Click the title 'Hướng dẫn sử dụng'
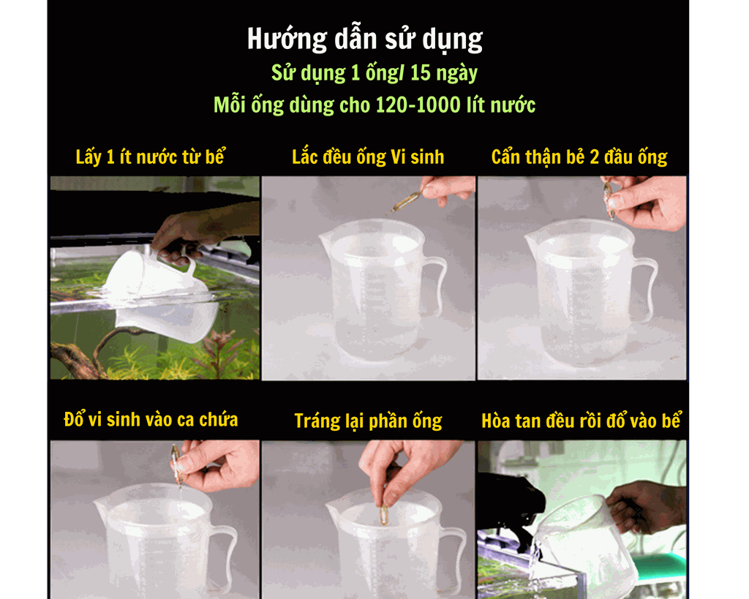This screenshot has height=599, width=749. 365,39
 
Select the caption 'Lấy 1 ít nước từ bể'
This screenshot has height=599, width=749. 151,157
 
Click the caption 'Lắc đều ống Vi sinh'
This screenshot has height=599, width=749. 368,157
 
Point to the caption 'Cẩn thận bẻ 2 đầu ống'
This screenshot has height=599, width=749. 579,157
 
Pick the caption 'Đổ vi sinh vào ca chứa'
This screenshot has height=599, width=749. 151,420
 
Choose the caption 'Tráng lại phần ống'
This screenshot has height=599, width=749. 368,421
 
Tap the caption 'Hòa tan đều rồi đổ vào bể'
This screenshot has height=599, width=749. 581,421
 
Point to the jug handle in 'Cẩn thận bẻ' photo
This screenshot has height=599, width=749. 647,289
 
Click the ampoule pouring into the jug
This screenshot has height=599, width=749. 176,465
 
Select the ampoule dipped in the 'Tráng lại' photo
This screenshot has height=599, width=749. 381,514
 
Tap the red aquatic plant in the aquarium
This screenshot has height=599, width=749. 219,347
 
